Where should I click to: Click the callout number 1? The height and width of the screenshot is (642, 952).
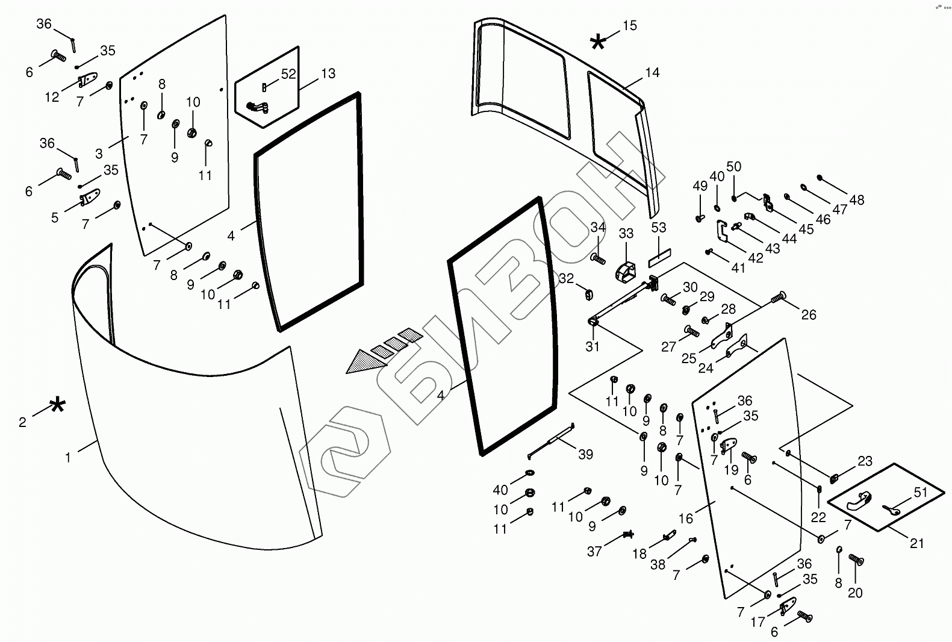coord(68,458)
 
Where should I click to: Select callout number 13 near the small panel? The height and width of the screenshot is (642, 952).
coord(328,74)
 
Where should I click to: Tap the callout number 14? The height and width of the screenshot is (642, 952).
coord(652,73)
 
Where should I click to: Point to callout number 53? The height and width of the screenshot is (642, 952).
coord(659,228)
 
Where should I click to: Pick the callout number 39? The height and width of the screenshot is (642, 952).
coord(585,455)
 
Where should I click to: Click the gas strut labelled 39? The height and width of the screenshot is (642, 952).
coord(552,441)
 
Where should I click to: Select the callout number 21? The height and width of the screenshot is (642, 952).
coord(916,543)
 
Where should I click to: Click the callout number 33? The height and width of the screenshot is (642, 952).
coord(626,233)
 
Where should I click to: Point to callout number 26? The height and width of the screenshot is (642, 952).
coord(809,314)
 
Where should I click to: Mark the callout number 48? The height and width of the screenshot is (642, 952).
coord(856,199)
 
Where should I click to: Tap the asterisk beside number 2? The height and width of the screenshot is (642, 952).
coord(57,405)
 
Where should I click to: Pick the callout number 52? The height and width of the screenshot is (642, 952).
coord(288,73)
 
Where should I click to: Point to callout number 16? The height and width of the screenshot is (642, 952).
coord(686,518)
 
